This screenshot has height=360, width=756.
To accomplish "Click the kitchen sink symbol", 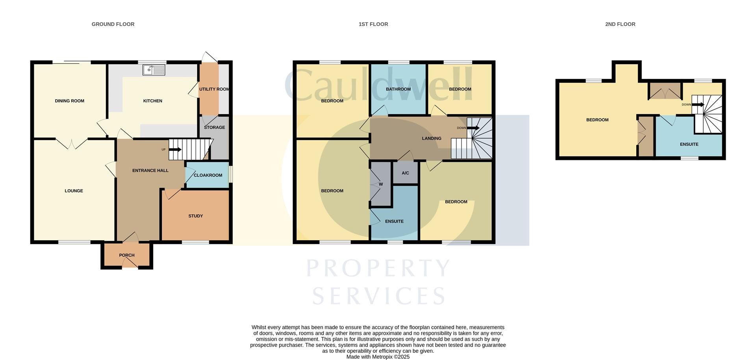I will tap(154, 71).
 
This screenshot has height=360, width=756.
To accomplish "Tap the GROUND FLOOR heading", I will tap(113, 24).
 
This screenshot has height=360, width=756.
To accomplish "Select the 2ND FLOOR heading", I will tap(620, 24).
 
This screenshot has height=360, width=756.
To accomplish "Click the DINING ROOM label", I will tap(70, 101).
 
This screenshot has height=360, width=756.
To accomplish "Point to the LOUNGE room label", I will tap(74, 191).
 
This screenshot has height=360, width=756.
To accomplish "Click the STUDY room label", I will tap(196, 216).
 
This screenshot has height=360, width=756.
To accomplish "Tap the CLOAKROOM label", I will tap(208, 175).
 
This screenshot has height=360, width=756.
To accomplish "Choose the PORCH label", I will tap(127, 255).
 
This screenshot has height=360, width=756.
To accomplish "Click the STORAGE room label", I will tap(215, 128).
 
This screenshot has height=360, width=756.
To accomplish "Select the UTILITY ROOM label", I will tap(214, 89).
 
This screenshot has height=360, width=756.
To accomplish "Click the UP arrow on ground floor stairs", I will tap(175, 150).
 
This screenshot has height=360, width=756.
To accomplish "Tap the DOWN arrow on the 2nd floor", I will tap(698, 105).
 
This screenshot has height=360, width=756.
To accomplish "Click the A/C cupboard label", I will tap(406, 173).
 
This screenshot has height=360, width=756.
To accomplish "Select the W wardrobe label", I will tap(381, 184).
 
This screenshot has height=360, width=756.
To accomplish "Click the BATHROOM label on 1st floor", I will tap(398, 89).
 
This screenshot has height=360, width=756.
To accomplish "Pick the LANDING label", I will tap(432, 139).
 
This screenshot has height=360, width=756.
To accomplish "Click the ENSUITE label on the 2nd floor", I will tap(689, 145).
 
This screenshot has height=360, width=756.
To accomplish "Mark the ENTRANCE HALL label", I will tap(150, 171).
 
